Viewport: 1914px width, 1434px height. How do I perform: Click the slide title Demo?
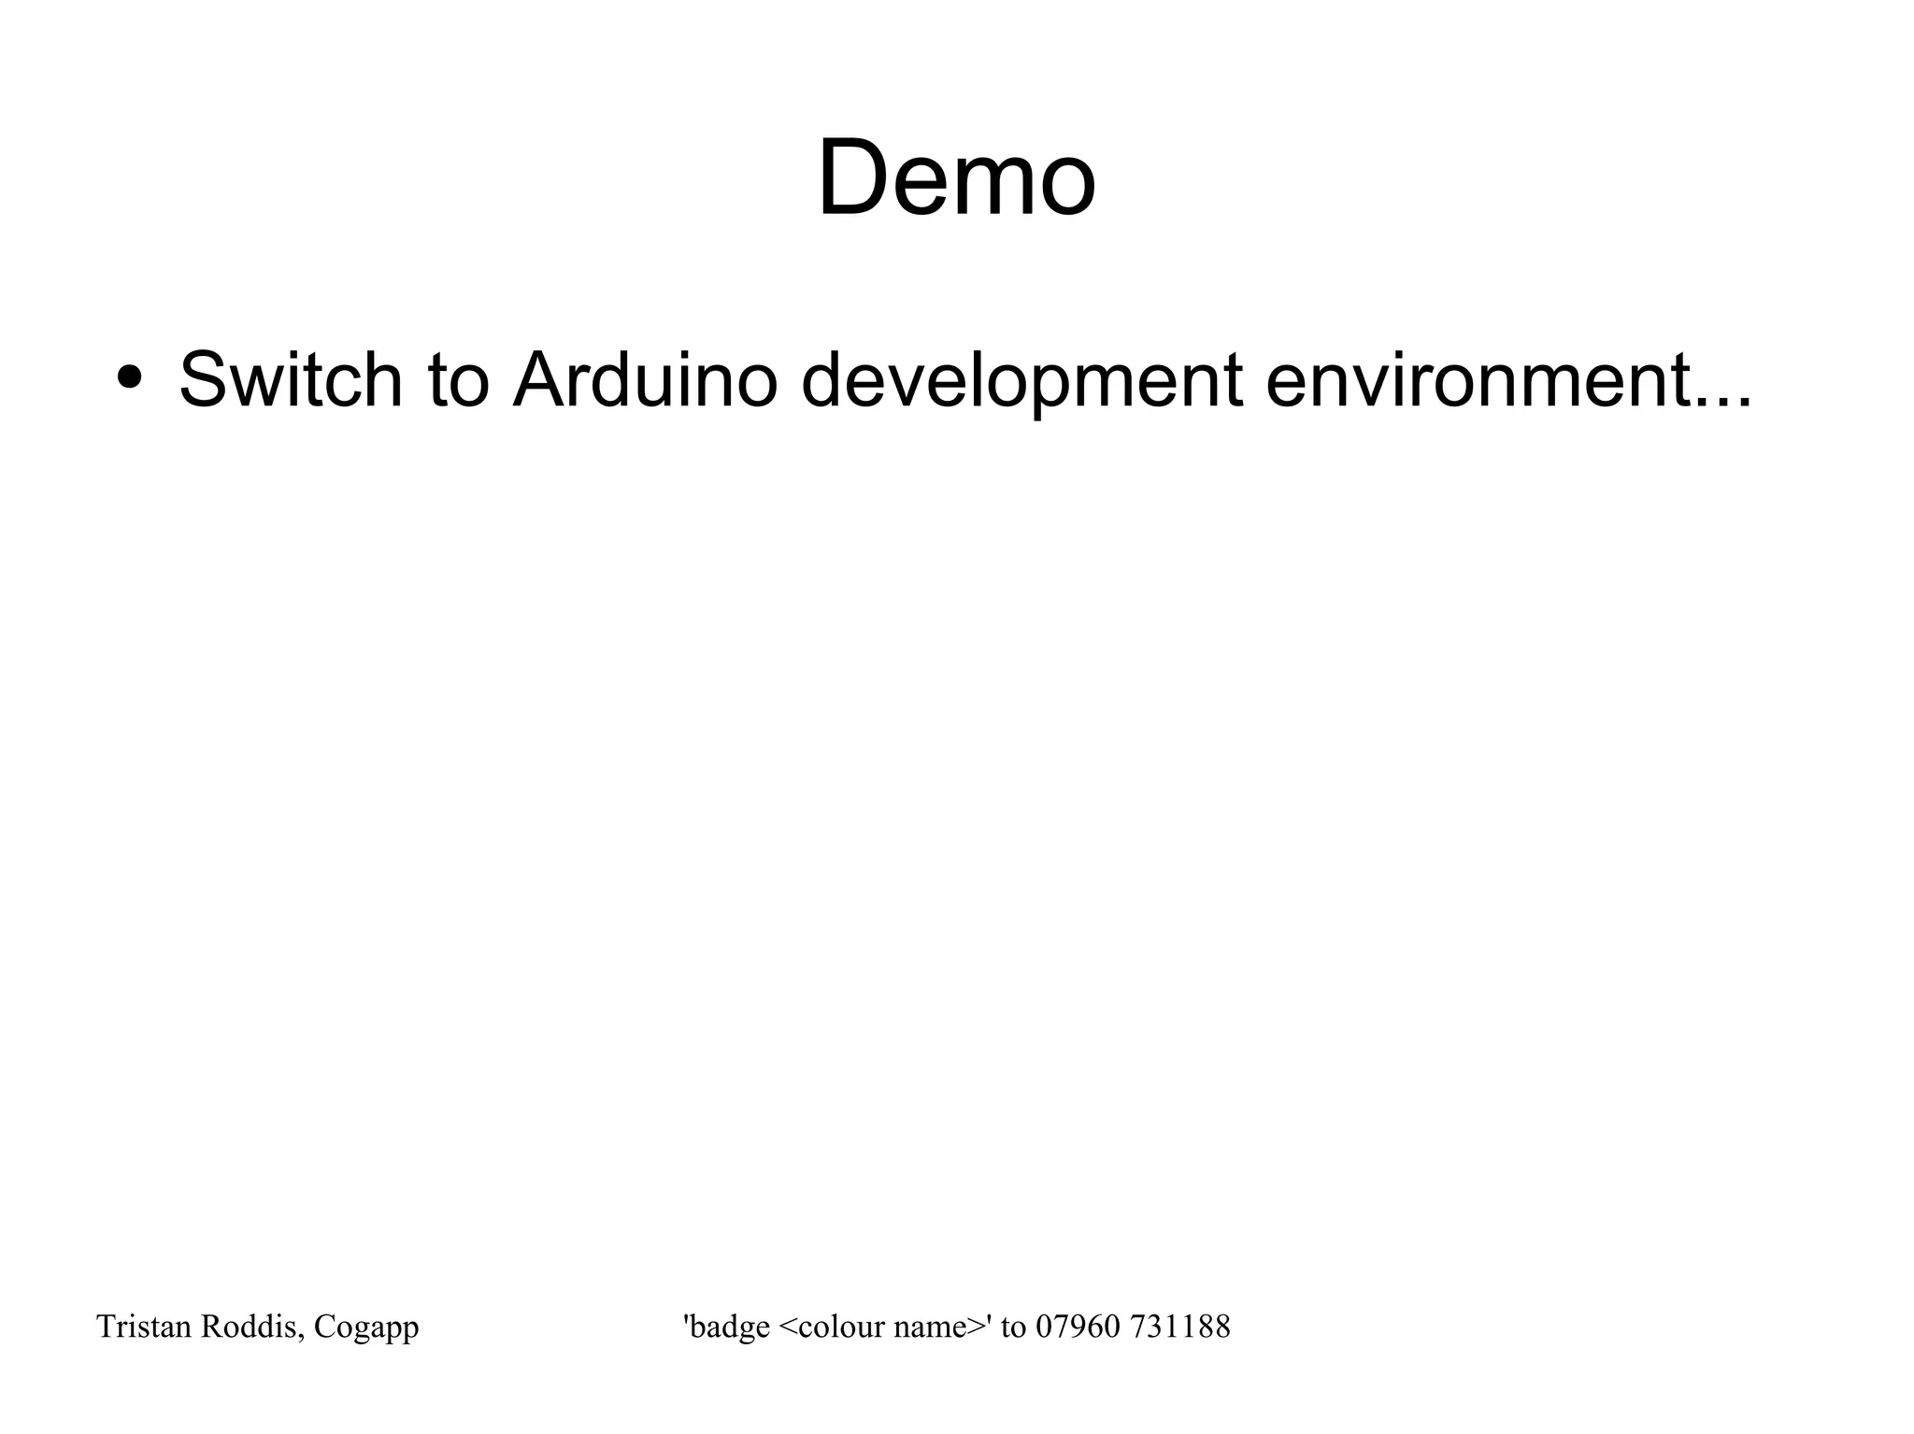tap(956, 177)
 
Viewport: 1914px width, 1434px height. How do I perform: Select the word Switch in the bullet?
tap(290, 380)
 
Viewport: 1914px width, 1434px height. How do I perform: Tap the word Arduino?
tap(645, 380)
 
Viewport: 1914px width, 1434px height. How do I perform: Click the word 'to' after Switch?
tap(458, 380)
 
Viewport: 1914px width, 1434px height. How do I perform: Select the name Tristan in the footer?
tap(144, 1327)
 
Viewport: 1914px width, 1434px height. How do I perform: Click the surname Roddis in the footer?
tap(250, 1327)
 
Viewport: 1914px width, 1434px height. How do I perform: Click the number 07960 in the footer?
tap(1078, 1327)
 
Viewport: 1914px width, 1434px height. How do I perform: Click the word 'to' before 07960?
tap(1013, 1327)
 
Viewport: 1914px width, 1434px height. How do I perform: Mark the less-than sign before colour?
tap(786, 1328)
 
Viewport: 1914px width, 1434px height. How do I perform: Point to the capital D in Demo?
tap(851, 177)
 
